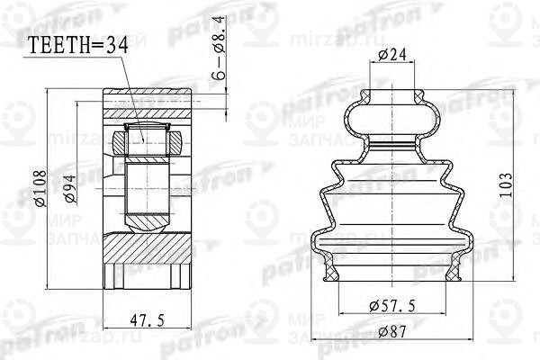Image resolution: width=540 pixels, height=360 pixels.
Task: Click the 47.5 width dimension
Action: (148, 320)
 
